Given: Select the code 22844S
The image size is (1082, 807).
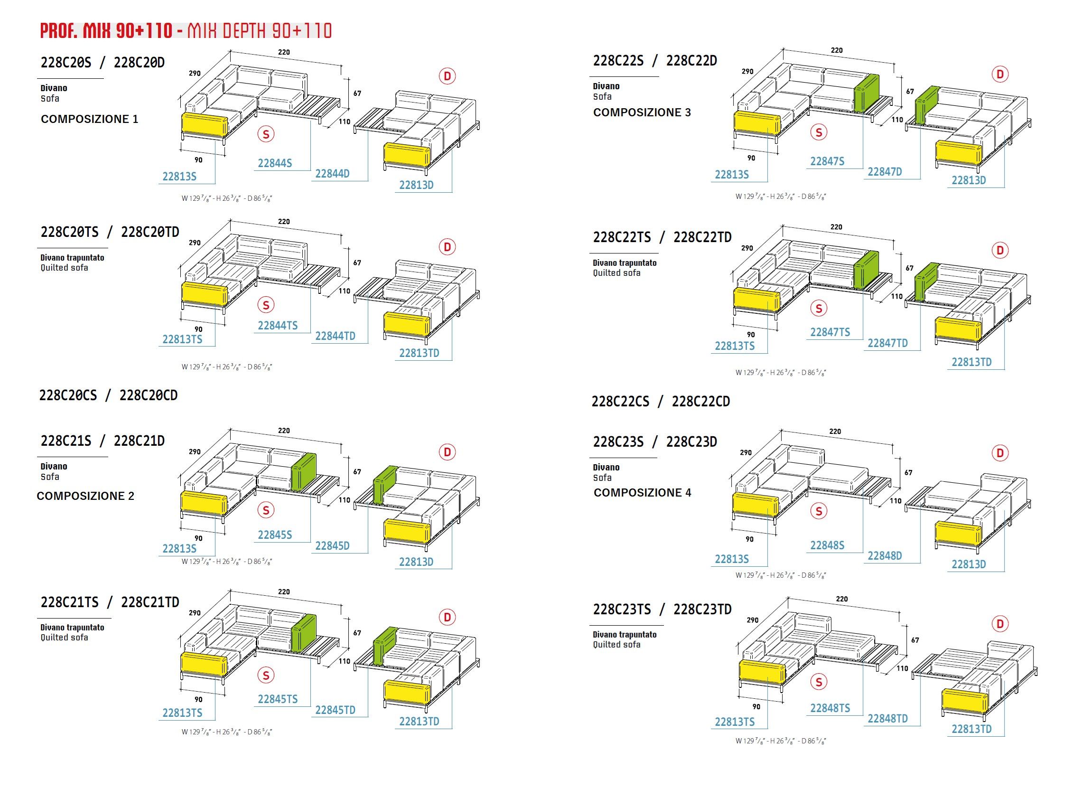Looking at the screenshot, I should [274, 163].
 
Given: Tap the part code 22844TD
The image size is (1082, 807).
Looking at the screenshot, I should [335, 336].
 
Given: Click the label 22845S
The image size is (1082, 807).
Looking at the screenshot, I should [274, 535].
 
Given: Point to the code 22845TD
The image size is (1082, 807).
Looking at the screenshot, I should [335, 710].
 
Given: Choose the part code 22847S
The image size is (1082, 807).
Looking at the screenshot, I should [827, 161].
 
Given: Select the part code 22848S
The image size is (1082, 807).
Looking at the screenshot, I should [827, 545].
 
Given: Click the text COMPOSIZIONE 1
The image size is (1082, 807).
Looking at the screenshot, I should [89, 119].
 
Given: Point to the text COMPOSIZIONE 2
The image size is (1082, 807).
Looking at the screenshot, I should [85, 496].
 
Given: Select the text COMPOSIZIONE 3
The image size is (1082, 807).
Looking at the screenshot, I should [642, 113].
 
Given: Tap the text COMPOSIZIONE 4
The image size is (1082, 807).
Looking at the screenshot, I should [642, 492].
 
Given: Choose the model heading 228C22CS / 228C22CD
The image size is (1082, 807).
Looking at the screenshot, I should [660, 401].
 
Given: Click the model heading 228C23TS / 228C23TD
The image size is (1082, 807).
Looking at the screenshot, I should [662, 609].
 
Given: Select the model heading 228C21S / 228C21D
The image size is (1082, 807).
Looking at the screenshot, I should [103, 441].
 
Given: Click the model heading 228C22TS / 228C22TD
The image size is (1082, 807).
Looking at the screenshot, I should [662, 237].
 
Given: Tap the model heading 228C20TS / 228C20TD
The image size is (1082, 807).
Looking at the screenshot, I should [110, 232].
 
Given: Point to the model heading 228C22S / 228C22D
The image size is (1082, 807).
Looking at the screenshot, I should [655, 61].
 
